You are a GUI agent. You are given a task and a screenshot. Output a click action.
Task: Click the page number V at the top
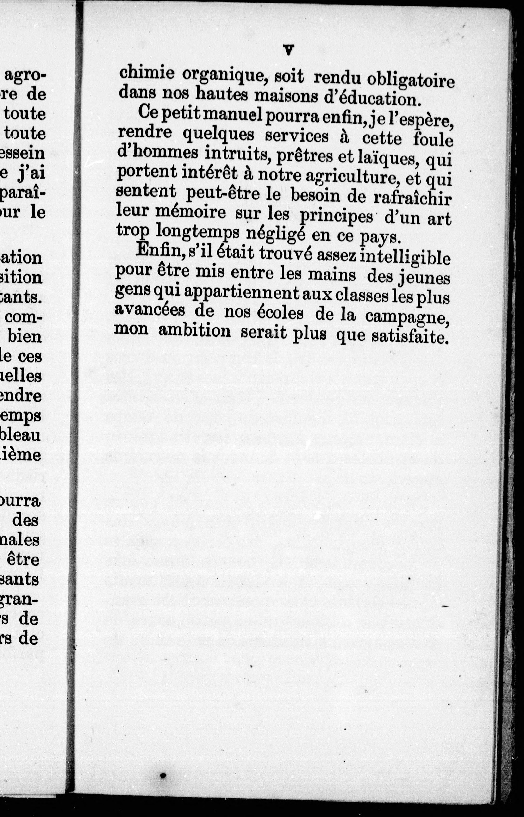tap(288, 50)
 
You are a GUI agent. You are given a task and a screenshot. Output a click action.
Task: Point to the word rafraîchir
tap(412, 198)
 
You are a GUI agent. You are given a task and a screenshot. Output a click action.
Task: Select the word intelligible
tap(405, 258)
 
